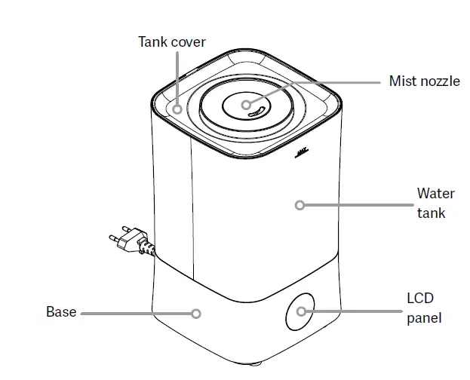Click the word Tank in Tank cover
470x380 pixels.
click(152, 41)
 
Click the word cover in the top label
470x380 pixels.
click(188, 41)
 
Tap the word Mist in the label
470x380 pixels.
click(402, 81)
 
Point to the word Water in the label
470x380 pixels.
click(435, 194)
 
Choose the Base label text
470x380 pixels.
click(61, 311)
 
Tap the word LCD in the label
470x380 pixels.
click(420, 298)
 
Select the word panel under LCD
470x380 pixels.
click(424, 317)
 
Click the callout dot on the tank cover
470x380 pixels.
click(177, 109)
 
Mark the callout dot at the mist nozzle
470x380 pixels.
click(247, 105)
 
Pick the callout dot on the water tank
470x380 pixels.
click(300, 204)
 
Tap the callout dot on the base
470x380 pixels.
click(196, 314)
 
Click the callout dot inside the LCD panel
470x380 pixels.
click(301, 311)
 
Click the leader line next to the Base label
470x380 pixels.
click(136, 313)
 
